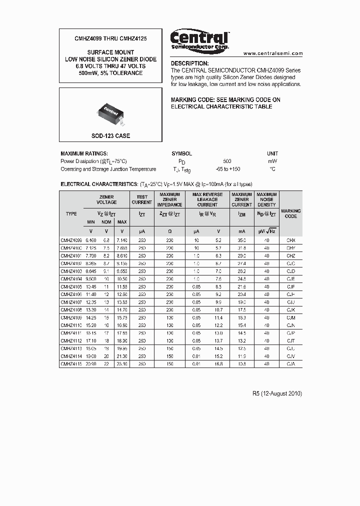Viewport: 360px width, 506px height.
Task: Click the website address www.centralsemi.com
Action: click(x=273, y=53)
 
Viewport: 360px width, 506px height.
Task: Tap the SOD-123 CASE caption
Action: click(x=110, y=136)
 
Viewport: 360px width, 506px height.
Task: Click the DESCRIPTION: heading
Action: click(x=190, y=63)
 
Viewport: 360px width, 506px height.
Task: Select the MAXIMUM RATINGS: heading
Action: click(x=84, y=153)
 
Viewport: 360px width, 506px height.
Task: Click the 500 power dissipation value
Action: click(x=227, y=161)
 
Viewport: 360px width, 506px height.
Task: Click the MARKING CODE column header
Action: click(x=291, y=213)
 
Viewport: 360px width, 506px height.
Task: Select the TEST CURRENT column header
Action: click(x=141, y=199)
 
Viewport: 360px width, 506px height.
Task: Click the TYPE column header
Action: click(x=71, y=213)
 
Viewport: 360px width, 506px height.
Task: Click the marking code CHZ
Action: click(x=291, y=256)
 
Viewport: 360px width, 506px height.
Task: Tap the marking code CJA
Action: click(x=291, y=364)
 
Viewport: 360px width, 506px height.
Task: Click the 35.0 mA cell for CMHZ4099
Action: click(x=241, y=240)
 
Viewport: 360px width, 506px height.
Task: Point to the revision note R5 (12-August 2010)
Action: click(x=277, y=393)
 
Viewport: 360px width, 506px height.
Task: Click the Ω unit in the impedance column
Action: click(x=169, y=231)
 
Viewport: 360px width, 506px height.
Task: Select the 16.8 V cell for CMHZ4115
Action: click(x=218, y=364)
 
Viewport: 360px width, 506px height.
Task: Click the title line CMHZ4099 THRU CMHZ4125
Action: click(x=110, y=38)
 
